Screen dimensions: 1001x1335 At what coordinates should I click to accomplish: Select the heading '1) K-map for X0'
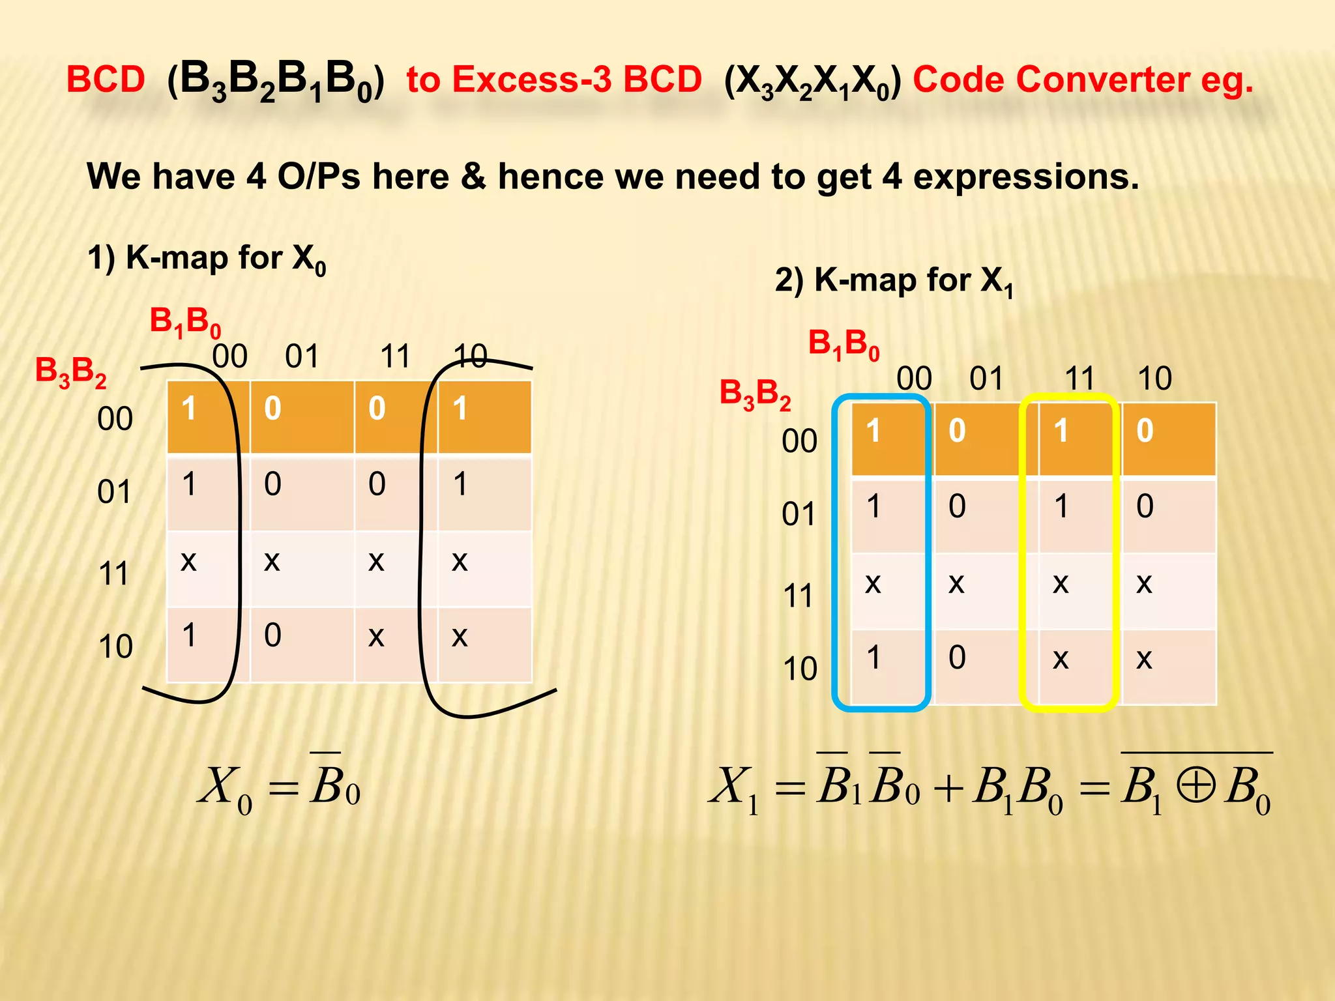point(206,258)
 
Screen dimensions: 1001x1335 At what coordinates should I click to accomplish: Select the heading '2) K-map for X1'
point(894,281)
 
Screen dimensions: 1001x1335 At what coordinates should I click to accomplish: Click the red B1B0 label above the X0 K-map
point(185,322)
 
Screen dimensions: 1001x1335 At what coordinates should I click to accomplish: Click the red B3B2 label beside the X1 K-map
point(755,394)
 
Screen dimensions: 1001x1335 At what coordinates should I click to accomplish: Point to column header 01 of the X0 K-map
point(302,356)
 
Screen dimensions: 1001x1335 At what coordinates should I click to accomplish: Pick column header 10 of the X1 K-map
point(1154,379)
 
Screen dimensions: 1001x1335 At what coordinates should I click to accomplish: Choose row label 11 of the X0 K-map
point(114,574)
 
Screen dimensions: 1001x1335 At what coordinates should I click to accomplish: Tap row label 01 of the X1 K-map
point(799,515)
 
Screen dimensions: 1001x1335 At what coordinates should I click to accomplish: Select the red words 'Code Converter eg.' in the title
point(1083,80)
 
